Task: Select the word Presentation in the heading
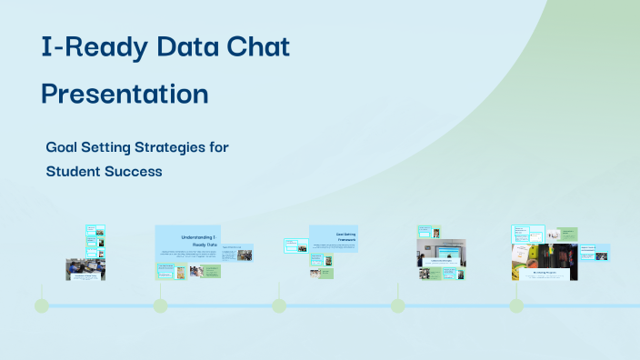pyautogui.click(x=125, y=94)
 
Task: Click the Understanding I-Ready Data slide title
pyautogui.click(x=199, y=240)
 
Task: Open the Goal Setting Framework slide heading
pyautogui.click(x=345, y=236)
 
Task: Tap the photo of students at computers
pyautogui.click(x=85, y=268)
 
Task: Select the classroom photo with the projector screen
pyautogui.click(x=441, y=248)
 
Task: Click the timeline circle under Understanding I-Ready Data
pyautogui.click(x=160, y=305)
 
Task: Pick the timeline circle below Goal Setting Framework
pyautogui.click(x=279, y=305)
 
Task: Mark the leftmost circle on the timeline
pyautogui.click(x=42, y=305)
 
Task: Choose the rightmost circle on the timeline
pyautogui.click(x=516, y=305)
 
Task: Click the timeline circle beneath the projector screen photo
pyautogui.click(x=397, y=305)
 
